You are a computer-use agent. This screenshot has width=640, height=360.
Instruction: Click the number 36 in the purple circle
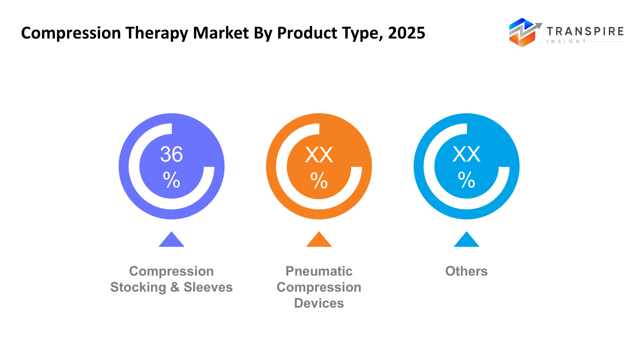coord(172,154)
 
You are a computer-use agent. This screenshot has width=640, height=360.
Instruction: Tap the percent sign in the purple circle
coord(172,180)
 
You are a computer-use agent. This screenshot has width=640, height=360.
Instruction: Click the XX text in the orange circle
coord(319,154)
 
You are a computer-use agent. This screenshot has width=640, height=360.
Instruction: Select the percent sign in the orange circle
coord(319,180)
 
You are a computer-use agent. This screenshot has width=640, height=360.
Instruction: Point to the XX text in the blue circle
coord(466,154)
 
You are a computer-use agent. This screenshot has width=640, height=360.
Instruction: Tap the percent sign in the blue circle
coord(466,180)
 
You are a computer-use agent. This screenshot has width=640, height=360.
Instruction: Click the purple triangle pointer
coord(172,240)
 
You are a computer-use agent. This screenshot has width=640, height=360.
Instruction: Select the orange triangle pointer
coord(319,240)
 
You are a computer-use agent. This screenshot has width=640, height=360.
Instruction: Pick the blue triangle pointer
coord(466,240)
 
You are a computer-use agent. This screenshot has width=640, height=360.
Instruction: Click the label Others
coord(466,271)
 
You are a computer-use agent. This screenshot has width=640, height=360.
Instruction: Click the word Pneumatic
coord(319,271)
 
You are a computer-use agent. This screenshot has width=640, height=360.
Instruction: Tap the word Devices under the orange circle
coord(319,303)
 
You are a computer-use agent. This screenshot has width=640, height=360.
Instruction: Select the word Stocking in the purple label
coord(138,287)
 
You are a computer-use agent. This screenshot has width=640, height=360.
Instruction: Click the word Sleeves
coord(208,287)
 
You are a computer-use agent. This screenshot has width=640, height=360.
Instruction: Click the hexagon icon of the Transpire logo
coord(522,33)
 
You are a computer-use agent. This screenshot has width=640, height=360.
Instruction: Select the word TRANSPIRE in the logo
coord(585,31)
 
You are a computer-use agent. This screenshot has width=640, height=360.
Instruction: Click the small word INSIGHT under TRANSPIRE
coord(566,42)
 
